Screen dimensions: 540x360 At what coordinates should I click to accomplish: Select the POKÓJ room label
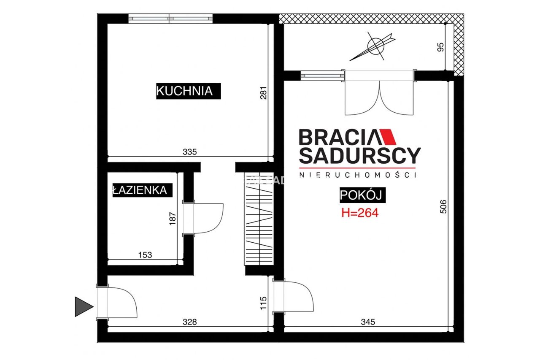(362, 195)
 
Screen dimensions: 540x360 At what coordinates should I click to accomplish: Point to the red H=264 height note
(360, 213)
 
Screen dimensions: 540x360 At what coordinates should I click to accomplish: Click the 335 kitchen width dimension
(190, 152)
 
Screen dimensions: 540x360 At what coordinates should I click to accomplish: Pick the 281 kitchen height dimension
(264, 93)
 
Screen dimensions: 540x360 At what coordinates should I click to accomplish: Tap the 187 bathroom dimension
(173, 219)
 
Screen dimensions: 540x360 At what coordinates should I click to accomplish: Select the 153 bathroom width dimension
(145, 254)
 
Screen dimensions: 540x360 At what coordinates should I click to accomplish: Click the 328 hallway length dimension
(190, 322)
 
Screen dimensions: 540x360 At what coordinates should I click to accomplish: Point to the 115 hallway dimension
(264, 303)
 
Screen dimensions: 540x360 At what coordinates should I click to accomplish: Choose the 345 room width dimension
(368, 322)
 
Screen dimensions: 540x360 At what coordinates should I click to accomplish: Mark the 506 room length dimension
(443, 207)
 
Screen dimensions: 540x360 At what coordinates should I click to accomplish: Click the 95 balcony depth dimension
(440, 47)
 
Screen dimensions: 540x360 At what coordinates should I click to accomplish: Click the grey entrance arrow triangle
(84, 307)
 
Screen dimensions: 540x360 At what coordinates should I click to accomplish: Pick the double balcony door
(379, 92)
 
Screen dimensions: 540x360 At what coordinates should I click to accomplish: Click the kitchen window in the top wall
(170, 19)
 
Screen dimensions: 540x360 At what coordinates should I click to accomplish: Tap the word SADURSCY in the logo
(360, 156)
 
